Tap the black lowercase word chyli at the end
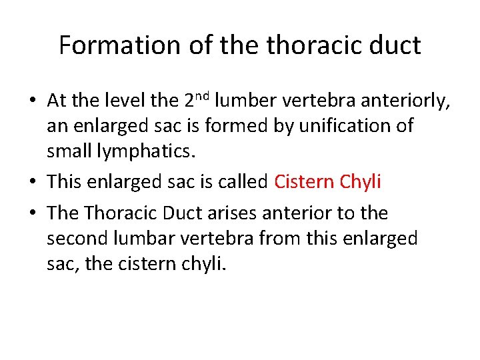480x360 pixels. pyautogui.click(x=203, y=263)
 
